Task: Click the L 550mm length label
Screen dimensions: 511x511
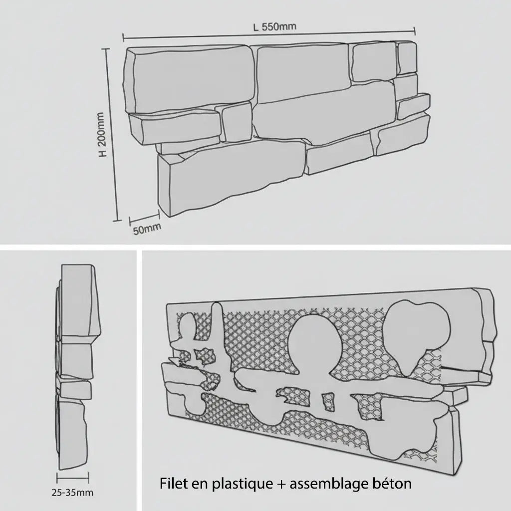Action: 274,27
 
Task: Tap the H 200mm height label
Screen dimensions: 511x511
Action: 102,134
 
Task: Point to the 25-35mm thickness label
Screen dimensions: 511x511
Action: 72,493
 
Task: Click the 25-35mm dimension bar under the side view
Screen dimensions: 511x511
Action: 73,478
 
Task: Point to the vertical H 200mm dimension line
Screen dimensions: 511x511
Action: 112,135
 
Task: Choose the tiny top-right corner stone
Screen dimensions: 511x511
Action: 407,58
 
